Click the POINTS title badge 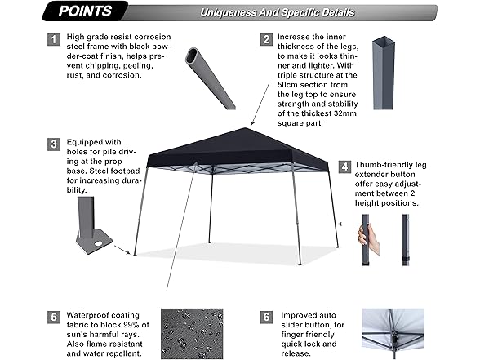85,11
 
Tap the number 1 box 54,39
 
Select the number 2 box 266,39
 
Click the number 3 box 54,144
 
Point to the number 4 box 344,167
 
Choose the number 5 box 54,317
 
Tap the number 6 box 266,317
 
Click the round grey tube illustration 210,78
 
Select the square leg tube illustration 384,73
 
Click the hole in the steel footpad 99,243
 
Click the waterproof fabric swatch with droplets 192,334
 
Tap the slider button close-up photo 393,334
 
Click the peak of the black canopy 245,128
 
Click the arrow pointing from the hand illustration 345,224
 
